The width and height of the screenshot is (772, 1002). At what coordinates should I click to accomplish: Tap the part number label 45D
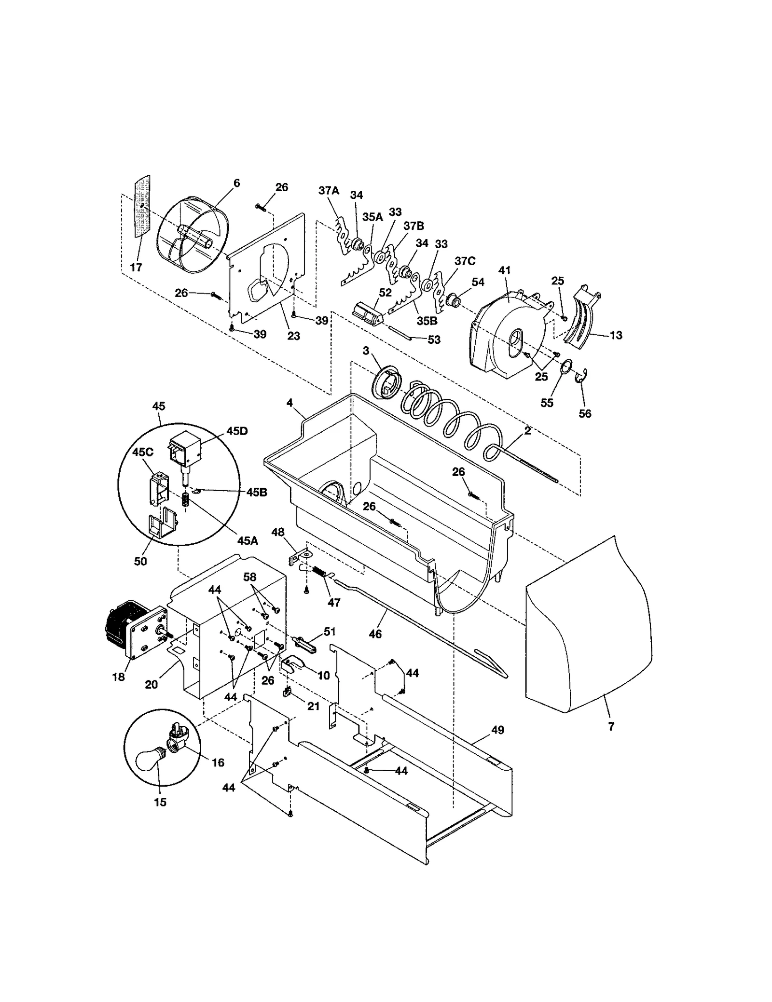point(236,431)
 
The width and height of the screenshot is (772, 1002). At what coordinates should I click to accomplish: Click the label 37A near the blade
point(329,191)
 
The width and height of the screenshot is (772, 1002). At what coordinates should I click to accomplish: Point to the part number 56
point(585,413)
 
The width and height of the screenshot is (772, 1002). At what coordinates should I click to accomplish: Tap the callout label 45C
point(143,452)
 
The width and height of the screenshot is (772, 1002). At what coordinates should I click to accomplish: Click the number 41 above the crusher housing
point(505,270)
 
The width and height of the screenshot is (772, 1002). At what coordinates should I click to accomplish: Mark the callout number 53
point(434,339)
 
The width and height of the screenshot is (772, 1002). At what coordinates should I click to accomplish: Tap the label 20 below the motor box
point(152,684)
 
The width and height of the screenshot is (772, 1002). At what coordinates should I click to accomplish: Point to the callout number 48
point(291,532)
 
